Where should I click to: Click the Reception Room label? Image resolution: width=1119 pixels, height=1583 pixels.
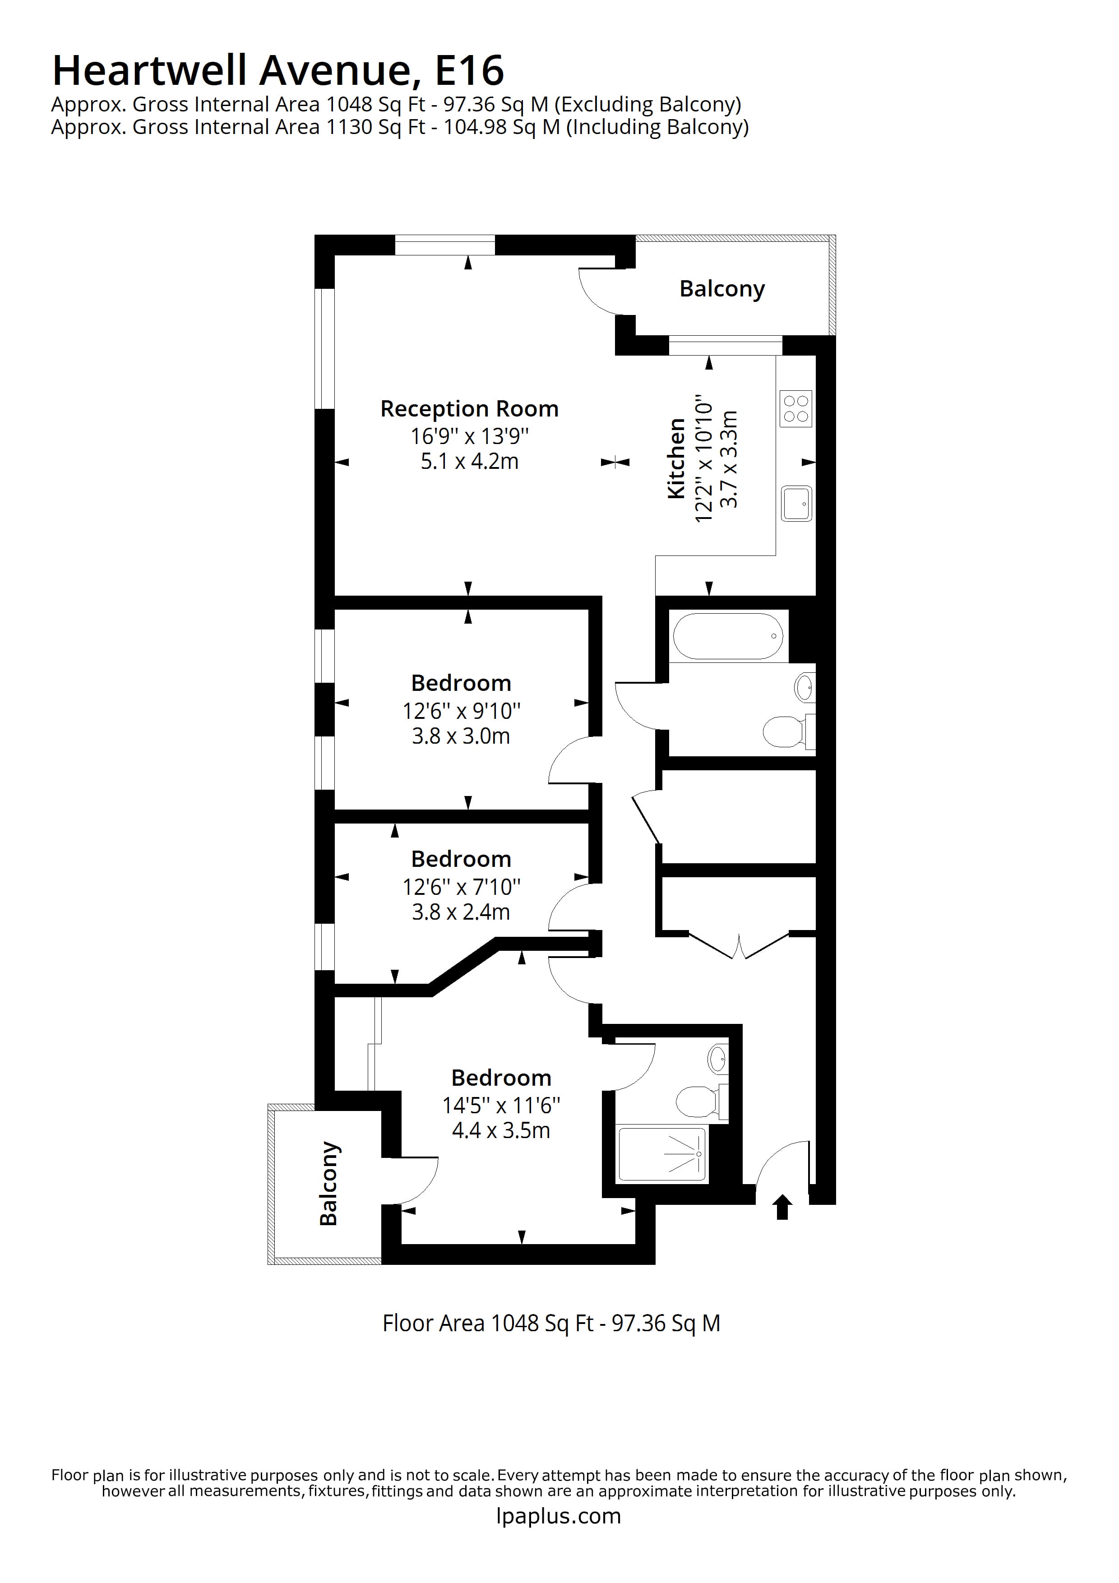point(469,409)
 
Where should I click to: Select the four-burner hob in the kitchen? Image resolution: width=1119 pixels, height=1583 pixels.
point(795,409)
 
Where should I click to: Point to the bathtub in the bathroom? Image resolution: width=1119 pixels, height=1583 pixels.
point(728,636)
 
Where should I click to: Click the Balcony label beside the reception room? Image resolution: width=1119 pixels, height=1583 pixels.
point(722,289)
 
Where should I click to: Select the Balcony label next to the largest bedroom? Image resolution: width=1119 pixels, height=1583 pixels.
point(329,1184)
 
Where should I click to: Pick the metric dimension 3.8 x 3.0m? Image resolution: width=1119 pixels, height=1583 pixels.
point(461,736)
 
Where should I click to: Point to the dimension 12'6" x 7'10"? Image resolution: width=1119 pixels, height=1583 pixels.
point(461,887)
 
